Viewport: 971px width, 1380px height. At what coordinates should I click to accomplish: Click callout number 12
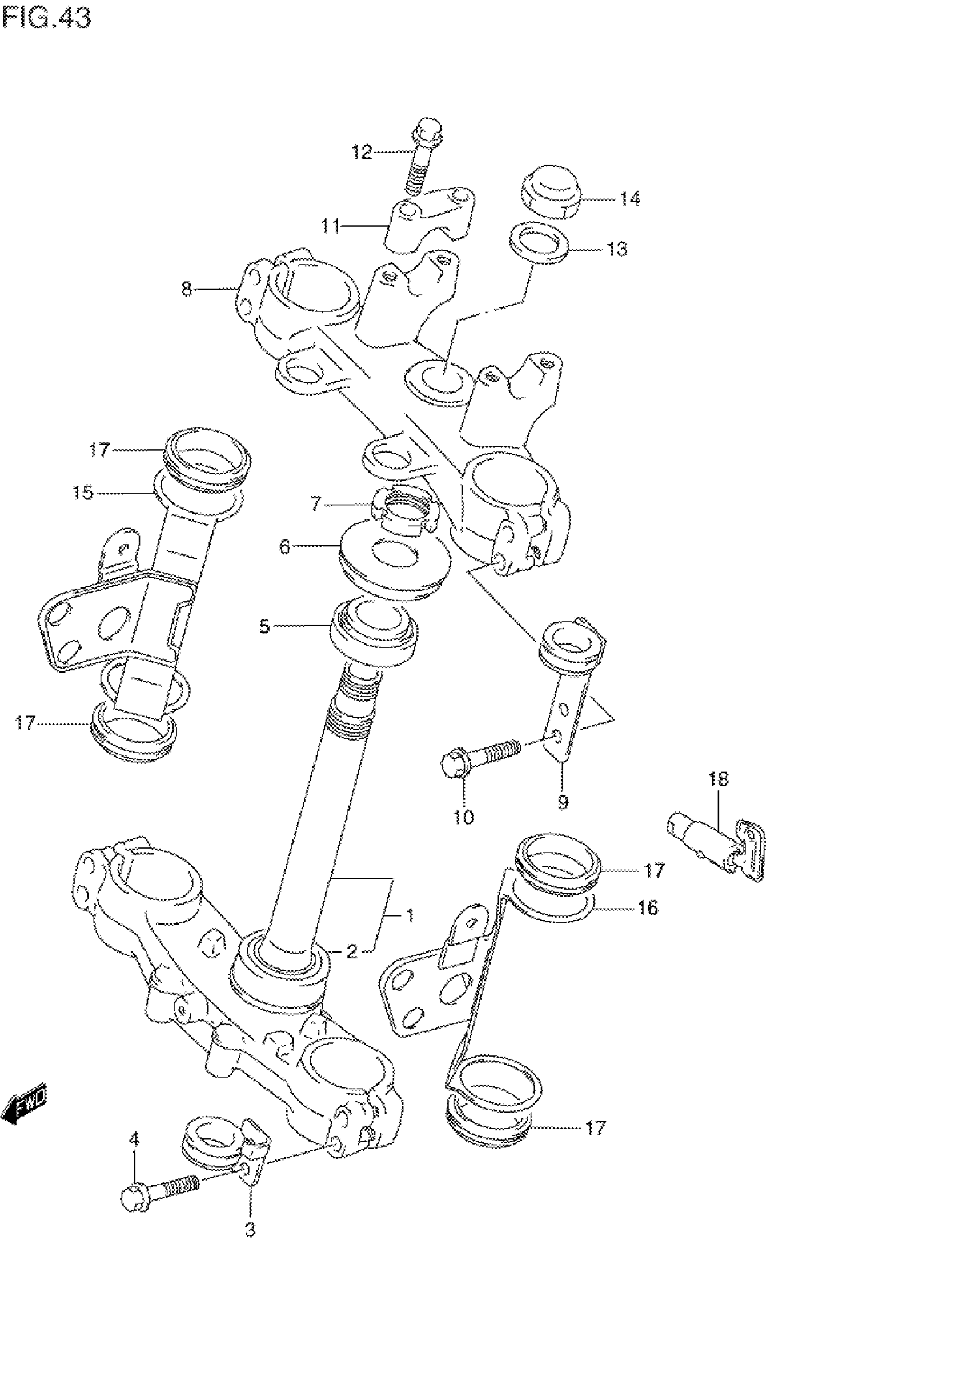tap(362, 152)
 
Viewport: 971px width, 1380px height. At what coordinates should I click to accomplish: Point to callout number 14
tap(629, 198)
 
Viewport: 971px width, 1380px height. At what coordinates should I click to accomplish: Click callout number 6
tap(284, 546)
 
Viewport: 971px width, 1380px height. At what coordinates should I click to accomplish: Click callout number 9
tap(563, 801)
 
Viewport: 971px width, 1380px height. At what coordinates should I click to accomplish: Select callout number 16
tap(648, 907)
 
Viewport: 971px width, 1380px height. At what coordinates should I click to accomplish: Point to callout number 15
tap(83, 493)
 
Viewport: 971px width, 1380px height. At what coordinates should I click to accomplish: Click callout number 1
tap(409, 916)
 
